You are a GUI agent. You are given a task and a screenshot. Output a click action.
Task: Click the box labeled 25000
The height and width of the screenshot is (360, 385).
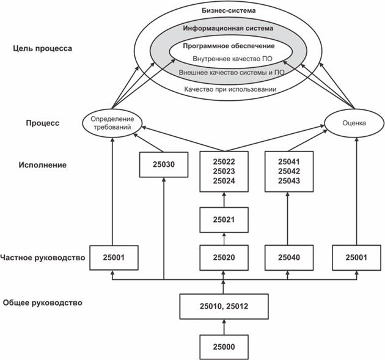pos(224,347)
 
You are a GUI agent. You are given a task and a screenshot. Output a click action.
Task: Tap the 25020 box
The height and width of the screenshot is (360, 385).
pos(224,258)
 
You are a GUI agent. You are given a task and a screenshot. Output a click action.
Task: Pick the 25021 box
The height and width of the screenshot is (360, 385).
pos(224,218)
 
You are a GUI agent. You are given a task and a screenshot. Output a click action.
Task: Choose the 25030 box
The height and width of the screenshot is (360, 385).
pos(164,164)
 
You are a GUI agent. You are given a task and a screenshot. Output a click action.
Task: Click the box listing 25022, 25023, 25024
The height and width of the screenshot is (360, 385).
pos(224,171)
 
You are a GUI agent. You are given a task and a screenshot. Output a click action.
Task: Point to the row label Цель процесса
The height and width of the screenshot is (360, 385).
pos(46,48)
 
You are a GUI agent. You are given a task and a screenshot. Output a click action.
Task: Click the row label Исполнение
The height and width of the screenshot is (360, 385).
pos(46,165)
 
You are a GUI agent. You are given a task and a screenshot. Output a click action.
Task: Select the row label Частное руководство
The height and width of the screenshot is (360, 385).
pos(42,258)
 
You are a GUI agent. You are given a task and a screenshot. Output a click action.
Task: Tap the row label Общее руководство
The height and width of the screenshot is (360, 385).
pos(42,303)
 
